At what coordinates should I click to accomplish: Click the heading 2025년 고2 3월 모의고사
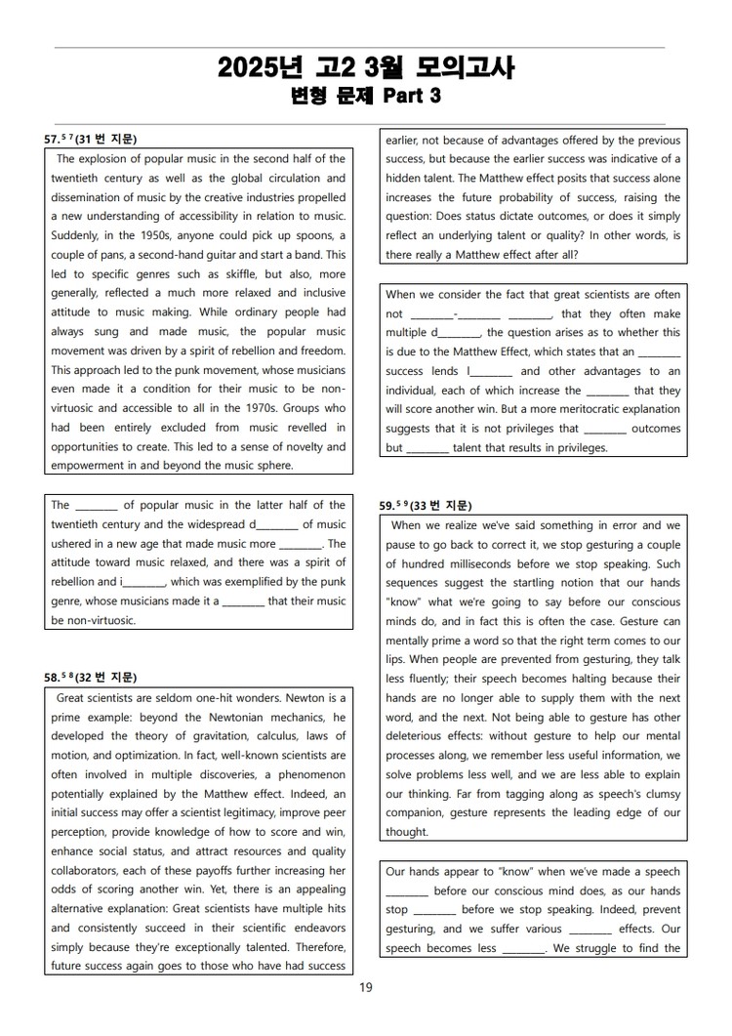365,67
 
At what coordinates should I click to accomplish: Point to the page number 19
365,987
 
